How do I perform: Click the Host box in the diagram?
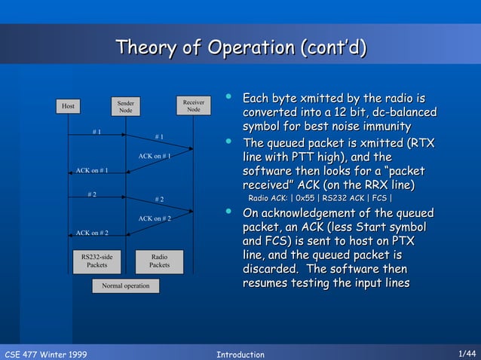click(68, 106)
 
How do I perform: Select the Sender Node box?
click(125, 106)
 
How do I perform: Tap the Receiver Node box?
click(194, 105)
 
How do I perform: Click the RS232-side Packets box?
click(97, 261)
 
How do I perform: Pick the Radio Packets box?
click(159, 261)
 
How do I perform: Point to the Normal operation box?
click(126, 285)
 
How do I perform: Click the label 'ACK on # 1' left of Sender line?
click(92, 171)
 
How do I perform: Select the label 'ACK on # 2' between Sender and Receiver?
click(155, 218)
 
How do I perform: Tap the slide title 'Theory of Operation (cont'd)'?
click(240, 49)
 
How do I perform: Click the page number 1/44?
click(467, 353)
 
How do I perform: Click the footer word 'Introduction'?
click(240, 354)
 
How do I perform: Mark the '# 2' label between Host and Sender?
click(92, 195)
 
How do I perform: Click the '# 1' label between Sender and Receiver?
click(159, 136)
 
